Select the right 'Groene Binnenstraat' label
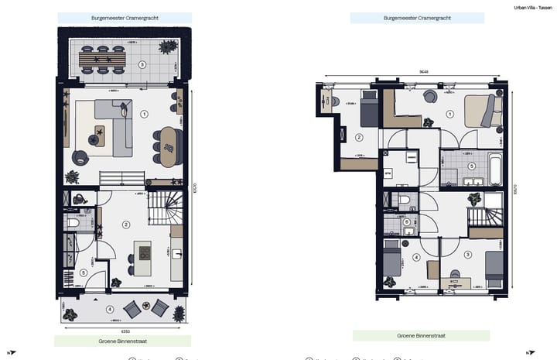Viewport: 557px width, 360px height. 421,336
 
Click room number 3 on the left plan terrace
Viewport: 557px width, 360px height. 142,65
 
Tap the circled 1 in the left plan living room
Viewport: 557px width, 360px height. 144,114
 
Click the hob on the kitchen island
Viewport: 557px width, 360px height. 143,253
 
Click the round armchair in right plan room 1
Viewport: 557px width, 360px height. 429,95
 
